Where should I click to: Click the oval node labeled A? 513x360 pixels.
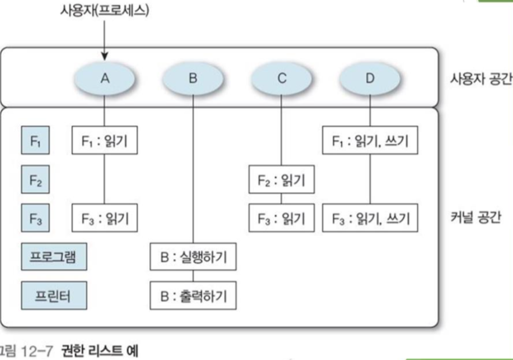[105, 79]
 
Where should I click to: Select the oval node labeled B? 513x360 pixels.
[193, 79]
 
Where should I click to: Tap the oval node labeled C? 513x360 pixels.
[282, 79]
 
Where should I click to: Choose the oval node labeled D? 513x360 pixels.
[370, 79]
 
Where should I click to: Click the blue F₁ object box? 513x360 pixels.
[35, 141]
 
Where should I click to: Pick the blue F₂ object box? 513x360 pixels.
[35, 180]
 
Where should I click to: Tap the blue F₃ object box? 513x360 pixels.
[35, 218]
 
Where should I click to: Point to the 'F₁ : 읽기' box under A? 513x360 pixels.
[105, 141]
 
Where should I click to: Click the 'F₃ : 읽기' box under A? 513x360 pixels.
[105, 218]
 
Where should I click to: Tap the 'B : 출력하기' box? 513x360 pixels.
[193, 296]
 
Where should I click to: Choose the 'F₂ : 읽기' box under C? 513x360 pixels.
[282, 179]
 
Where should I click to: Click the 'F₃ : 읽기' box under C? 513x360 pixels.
[282, 218]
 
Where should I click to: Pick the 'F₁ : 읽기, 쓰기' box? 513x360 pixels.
[370, 141]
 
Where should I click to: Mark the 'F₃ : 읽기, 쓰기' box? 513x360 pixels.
[370, 218]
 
